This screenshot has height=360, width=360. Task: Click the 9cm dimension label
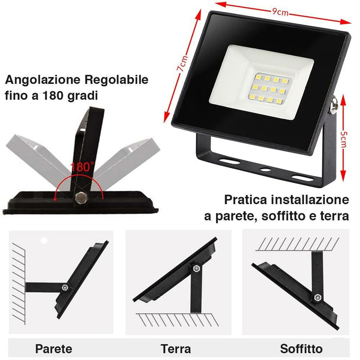[x=280, y=12]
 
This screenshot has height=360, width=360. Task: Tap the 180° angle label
[x=83, y=167]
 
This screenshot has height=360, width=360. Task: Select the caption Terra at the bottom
[x=175, y=349]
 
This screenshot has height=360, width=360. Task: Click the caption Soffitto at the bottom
[x=301, y=349]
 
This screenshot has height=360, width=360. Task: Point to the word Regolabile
[x=117, y=80]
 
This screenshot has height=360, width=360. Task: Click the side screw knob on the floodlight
[x=333, y=106]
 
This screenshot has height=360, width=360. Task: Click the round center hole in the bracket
[x=265, y=168]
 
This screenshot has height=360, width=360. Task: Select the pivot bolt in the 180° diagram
[x=80, y=197]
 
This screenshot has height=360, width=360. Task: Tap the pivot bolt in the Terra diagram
[x=196, y=268]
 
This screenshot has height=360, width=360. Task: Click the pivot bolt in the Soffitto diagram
[x=317, y=297]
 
